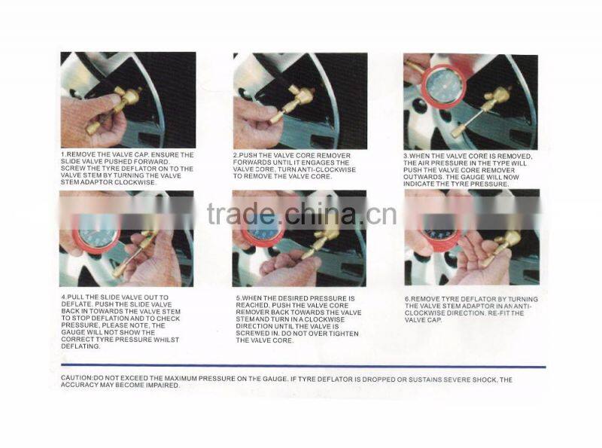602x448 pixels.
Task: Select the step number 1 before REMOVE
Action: tap(62, 154)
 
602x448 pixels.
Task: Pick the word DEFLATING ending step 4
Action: tap(79, 346)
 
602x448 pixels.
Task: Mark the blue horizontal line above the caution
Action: tap(301, 367)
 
